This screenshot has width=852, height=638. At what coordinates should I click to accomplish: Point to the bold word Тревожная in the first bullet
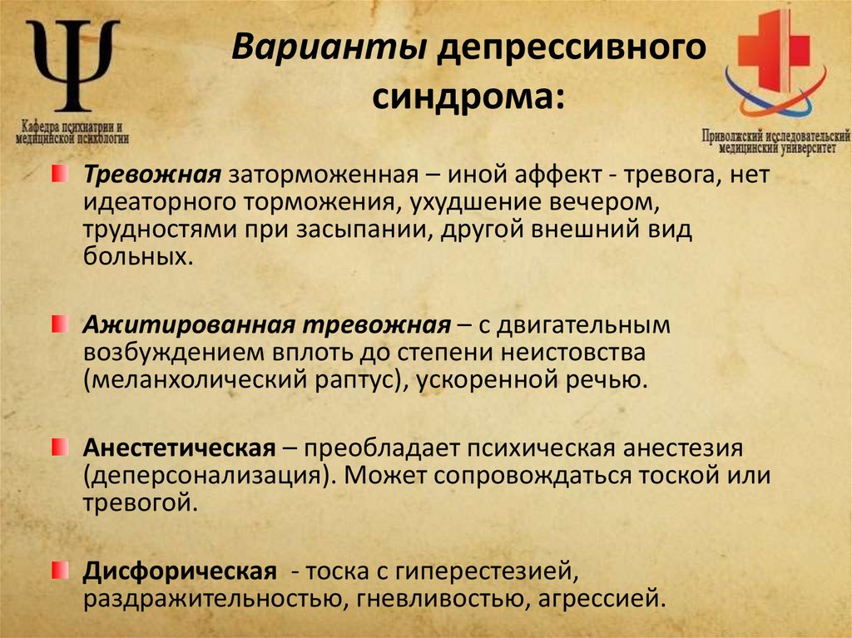pyautogui.click(x=150, y=176)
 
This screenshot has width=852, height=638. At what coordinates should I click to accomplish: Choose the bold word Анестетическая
pyautogui.click(x=179, y=449)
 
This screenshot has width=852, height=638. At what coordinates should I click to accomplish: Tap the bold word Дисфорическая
pyautogui.click(x=179, y=571)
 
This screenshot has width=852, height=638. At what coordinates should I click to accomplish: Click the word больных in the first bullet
pyautogui.click(x=132, y=256)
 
